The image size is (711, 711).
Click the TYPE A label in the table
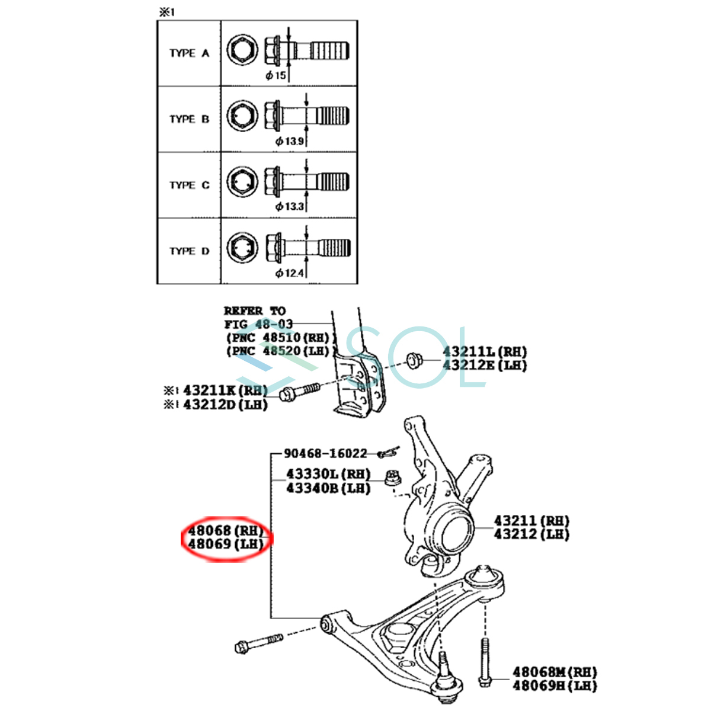pos(189,53)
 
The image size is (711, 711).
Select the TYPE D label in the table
pos(189,251)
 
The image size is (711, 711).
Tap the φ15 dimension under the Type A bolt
pos(276,76)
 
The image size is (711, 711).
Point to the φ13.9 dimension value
pos(290,142)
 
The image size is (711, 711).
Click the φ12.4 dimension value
pos(290,273)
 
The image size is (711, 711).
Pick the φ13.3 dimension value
pos(290,207)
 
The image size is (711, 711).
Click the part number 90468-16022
pos(325,454)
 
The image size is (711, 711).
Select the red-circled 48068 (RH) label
pos(225,530)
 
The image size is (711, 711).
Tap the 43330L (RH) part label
pos(328,475)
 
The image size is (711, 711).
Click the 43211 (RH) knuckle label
pos(531,521)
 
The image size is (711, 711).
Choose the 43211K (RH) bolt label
pos(225,391)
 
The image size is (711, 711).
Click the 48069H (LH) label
pos(555,686)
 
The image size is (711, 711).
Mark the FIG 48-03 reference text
pos(258,325)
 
